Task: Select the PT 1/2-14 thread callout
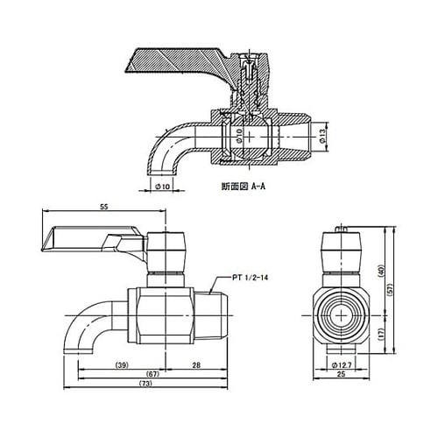coord(251,276)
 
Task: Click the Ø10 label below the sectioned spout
coord(162,186)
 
